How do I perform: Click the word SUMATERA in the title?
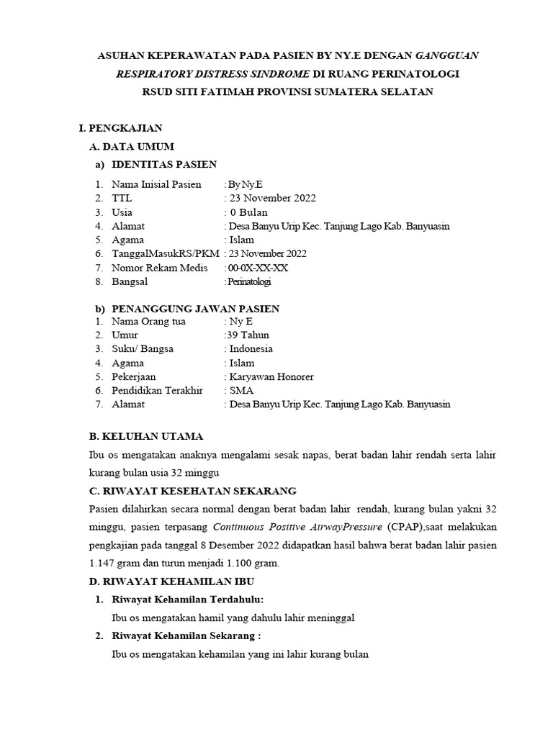click(x=349, y=92)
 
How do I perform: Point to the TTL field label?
click(x=122, y=198)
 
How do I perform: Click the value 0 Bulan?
click(x=248, y=212)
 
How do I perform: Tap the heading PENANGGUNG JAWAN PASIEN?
click(x=196, y=309)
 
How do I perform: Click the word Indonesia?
click(x=251, y=349)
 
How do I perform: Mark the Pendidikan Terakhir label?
click(x=157, y=390)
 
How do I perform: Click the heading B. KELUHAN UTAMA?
click(x=145, y=436)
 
